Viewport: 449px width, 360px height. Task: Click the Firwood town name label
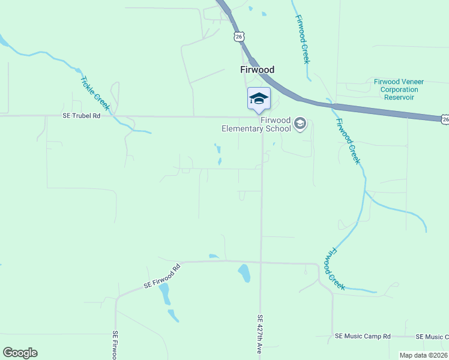click(257, 70)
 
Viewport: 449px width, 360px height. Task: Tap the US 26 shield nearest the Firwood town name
click(240, 37)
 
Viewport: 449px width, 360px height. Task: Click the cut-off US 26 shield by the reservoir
click(444, 120)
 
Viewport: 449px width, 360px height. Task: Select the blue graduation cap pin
click(259, 98)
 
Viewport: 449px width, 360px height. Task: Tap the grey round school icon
click(300, 125)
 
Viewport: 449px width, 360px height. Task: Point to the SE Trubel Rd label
click(82, 116)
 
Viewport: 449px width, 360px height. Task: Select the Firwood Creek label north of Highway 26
click(301, 40)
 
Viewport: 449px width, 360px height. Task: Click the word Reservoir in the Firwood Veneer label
click(396, 97)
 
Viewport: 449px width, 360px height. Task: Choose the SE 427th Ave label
click(261, 334)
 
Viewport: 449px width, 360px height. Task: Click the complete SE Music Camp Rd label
click(363, 337)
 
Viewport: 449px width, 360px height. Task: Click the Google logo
click(20, 353)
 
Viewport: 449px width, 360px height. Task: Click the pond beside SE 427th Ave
click(244, 273)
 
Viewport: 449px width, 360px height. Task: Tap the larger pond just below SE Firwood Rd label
click(164, 293)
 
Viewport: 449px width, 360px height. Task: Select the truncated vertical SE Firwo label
click(114, 344)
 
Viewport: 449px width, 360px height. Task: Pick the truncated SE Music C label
click(432, 337)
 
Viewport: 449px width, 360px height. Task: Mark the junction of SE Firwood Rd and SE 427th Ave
click(261, 262)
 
